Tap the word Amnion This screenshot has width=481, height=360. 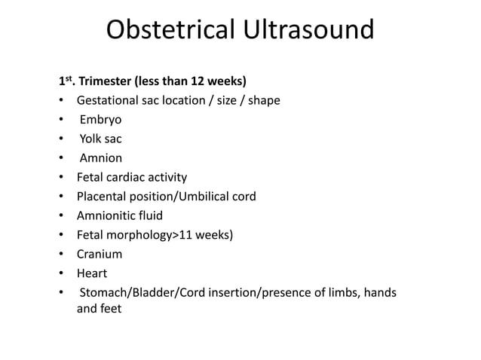click(101, 159)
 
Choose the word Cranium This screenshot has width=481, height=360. click(100, 255)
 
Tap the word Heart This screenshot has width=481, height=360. click(92, 274)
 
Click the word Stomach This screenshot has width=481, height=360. click(105, 293)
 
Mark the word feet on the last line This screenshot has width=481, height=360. click(110, 308)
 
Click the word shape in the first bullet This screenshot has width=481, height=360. click(265, 101)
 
